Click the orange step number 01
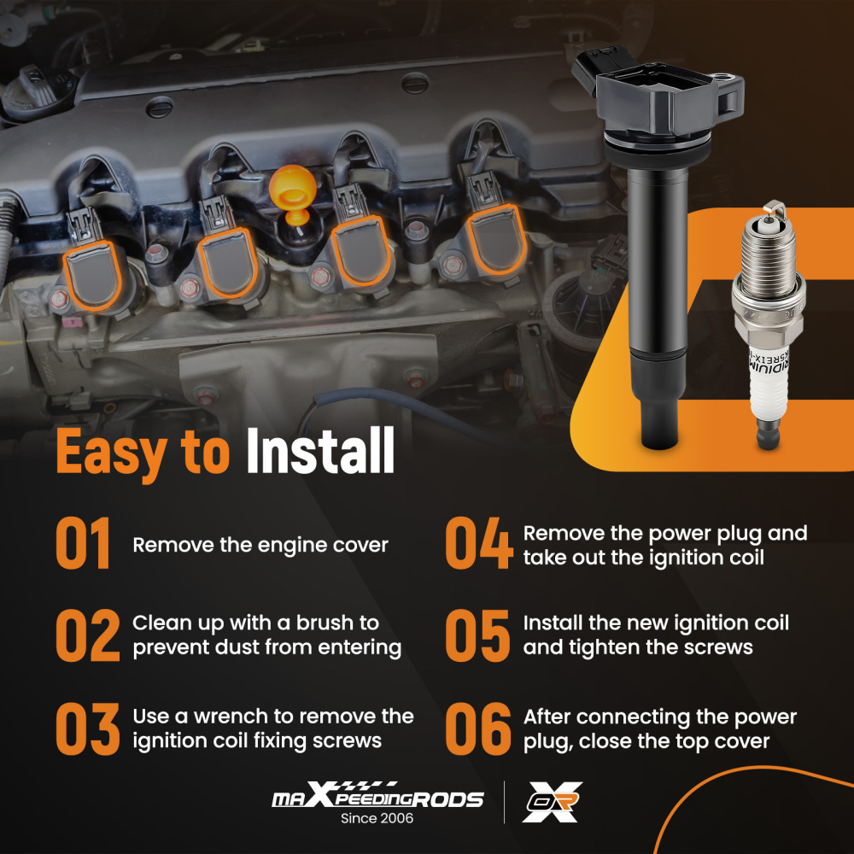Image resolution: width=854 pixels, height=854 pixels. click(x=84, y=544)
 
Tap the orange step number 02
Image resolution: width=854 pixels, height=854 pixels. click(x=87, y=635)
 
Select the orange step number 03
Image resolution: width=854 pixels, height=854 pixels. click(x=87, y=728)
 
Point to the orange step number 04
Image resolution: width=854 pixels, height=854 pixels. click(x=478, y=544)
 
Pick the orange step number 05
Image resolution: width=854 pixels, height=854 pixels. click(x=478, y=635)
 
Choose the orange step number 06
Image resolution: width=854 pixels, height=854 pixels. click(x=478, y=728)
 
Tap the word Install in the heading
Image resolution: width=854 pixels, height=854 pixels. click(x=320, y=452)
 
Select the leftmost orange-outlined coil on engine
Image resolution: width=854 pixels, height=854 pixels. click(x=91, y=273)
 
